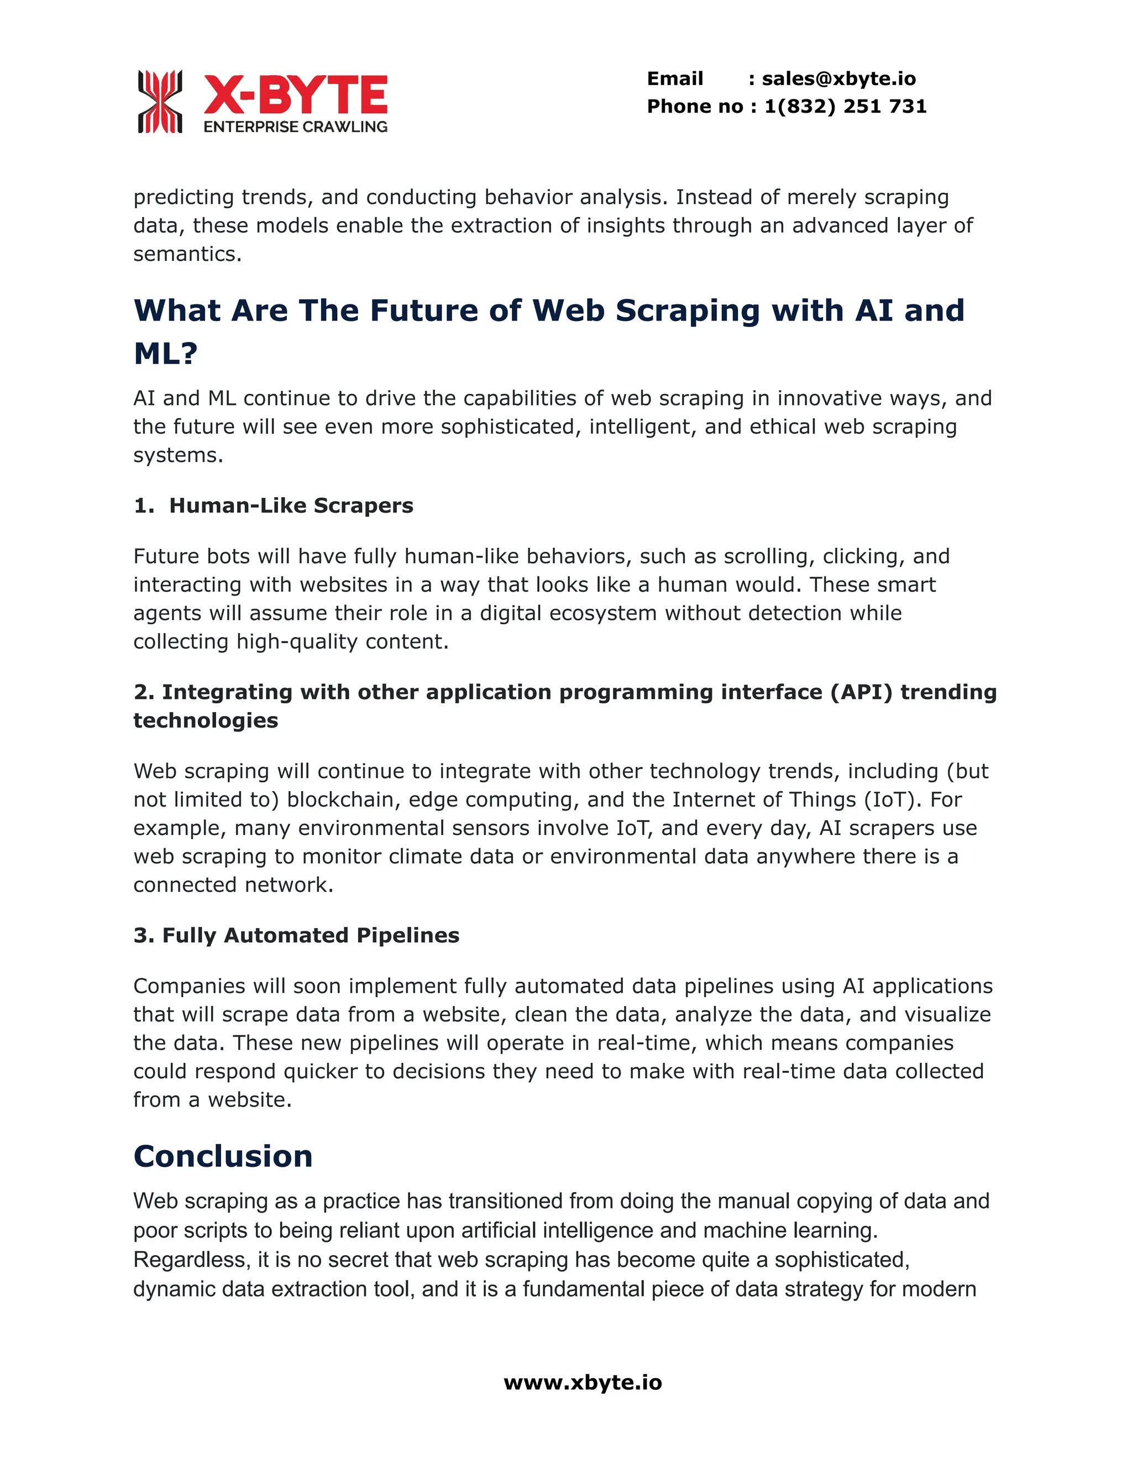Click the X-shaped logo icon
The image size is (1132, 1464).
pos(160,101)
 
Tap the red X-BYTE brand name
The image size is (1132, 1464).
pos(295,94)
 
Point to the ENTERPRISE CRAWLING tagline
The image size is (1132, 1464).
pos(295,127)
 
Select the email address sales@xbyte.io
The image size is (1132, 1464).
pos(838,79)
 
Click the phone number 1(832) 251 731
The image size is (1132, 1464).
pos(845,107)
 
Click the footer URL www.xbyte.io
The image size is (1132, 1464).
pos(583,1383)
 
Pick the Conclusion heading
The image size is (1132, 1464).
pos(223,1156)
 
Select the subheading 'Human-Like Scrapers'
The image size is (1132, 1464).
pos(291,505)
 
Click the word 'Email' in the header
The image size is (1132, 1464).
pos(675,79)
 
